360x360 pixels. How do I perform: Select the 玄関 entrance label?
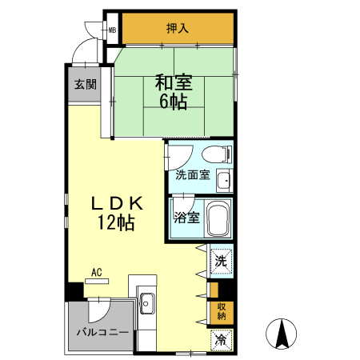pyautogui.click(x=85, y=84)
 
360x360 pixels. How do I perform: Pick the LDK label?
pyautogui.click(x=115, y=202)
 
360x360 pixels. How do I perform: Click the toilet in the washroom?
pyautogui.click(x=213, y=154)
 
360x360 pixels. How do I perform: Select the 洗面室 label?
pyautogui.click(x=192, y=175)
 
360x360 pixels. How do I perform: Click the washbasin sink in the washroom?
pyautogui.click(x=225, y=180)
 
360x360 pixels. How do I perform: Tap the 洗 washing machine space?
pyautogui.click(x=220, y=260)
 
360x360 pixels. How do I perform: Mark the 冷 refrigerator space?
pyautogui.click(x=220, y=339)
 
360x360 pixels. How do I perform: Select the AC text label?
pyautogui.click(x=97, y=273)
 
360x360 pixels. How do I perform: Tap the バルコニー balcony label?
pyautogui.click(x=102, y=331)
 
